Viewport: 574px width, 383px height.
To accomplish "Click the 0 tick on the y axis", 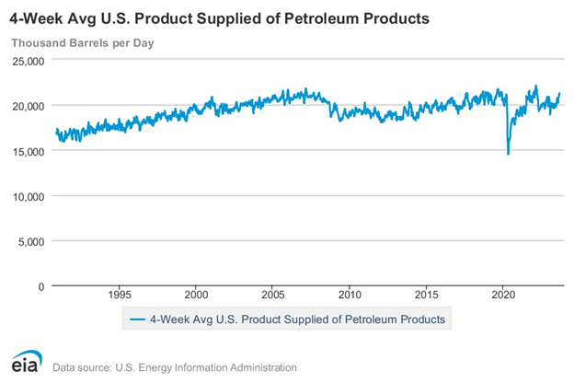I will [x=40, y=286].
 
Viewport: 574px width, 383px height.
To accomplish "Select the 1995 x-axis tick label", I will [x=120, y=296].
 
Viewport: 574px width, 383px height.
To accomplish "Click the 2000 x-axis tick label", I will [x=197, y=296].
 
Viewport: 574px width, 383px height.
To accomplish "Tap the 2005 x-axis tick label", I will [x=273, y=296].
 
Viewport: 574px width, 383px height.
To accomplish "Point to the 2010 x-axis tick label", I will [x=350, y=296].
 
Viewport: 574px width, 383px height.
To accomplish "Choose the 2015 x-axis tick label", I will [x=427, y=296].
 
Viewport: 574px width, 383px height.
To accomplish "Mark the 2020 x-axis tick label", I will [x=504, y=296].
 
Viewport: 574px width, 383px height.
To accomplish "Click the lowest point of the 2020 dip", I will [x=509, y=153].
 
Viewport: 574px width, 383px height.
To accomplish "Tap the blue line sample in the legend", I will [x=138, y=319].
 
